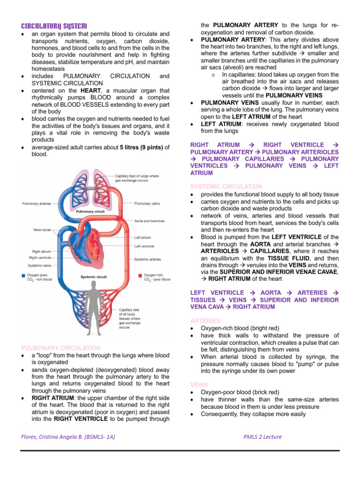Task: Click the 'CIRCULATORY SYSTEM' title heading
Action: (x=54, y=25)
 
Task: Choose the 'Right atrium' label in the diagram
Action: (x=42, y=251)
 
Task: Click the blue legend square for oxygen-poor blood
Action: (x=23, y=276)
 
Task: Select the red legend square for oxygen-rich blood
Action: (x=140, y=276)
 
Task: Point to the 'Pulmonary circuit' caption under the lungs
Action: (x=90, y=211)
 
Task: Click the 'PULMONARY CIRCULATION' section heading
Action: (x=61, y=348)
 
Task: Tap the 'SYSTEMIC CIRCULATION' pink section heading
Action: (x=226, y=187)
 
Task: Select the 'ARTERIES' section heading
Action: (x=205, y=321)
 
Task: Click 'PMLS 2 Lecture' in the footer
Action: (x=262, y=437)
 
